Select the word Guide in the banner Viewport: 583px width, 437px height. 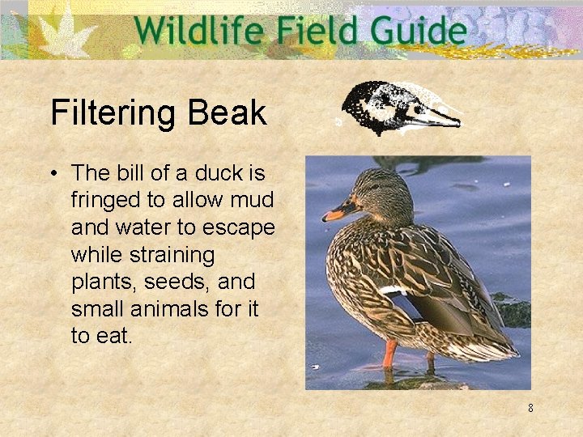[416, 32]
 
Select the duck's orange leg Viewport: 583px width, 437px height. [390, 354]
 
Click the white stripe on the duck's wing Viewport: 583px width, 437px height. [394, 289]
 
